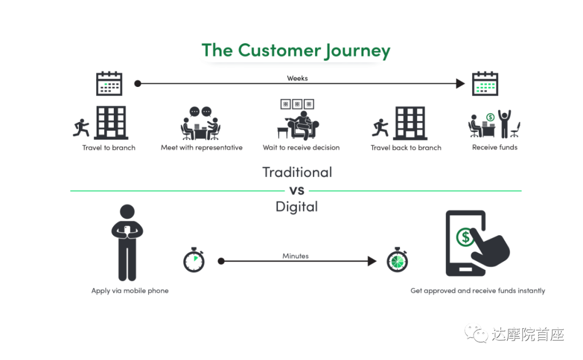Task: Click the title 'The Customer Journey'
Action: [296, 51]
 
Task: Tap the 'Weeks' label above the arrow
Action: [297, 78]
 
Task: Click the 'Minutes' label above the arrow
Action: [296, 256]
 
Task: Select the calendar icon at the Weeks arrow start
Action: [109, 83]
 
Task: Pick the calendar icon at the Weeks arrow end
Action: [485, 83]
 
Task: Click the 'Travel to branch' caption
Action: [109, 148]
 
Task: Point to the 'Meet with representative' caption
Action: [201, 148]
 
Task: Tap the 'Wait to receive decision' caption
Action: [301, 148]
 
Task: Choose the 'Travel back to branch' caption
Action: [406, 148]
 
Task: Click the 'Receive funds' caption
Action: [495, 147]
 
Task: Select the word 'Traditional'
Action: [297, 172]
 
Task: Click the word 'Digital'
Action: [297, 207]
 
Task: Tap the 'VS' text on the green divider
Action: [297, 191]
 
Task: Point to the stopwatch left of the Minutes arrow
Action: [194, 260]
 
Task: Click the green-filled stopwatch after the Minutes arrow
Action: [397, 260]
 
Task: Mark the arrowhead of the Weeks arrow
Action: [460, 83]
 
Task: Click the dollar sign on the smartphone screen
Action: [465, 237]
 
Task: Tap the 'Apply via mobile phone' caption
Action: [130, 291]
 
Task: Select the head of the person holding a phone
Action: [127, 211]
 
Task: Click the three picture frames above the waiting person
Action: [297, 104]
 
